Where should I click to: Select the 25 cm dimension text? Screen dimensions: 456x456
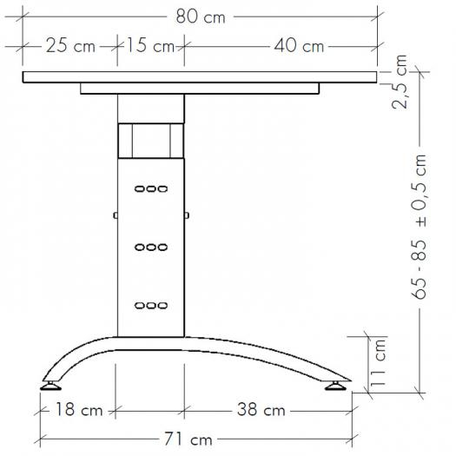70,46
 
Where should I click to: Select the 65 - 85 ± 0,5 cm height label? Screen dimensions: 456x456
420,228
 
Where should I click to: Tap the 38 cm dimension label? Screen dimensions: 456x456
260,410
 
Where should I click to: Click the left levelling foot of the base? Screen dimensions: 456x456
50,383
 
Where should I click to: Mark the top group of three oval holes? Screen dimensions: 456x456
151,188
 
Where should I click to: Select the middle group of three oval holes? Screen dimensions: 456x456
151,247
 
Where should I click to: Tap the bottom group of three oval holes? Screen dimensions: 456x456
151,305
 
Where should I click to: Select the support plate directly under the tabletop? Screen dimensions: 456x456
198,89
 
